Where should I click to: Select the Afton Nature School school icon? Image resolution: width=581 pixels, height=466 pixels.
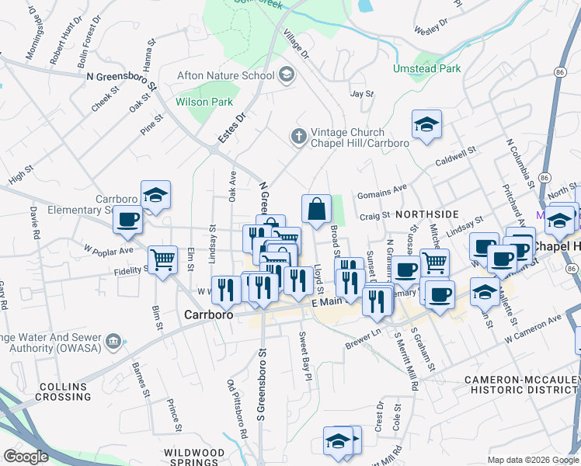[x=287, y=75]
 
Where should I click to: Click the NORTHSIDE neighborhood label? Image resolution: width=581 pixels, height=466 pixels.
[x=426, y=214]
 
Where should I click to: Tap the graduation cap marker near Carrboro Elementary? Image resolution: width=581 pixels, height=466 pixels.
[x=155, y=196]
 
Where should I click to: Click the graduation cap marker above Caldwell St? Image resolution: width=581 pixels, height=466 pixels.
[x=426, y=124]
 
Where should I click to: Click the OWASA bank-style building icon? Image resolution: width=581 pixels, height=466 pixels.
[x=113, y=340]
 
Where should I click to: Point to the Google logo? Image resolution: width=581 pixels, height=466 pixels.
[x=26, y=457]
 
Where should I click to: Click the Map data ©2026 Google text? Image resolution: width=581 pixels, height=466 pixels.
[x=533, y=460]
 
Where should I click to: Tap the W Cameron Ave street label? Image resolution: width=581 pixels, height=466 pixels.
[x=533, y=329]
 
